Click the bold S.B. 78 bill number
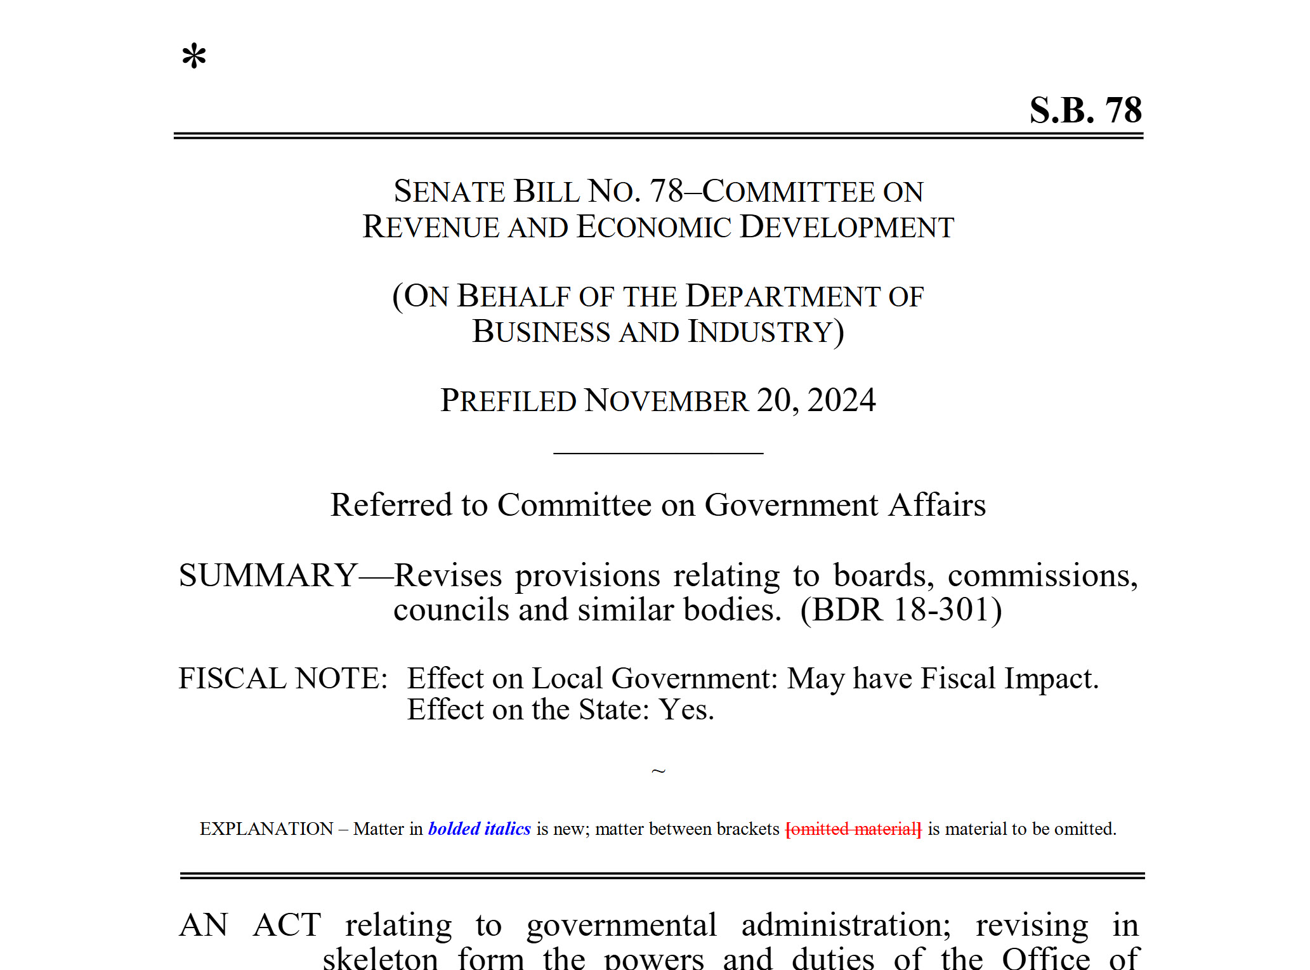1085,110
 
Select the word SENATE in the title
449,192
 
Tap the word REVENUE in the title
431,227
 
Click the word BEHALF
514,296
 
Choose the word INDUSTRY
760,332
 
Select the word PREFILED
508,401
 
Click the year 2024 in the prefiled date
841,400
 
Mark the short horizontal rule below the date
658,453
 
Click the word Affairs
936,505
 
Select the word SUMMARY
268,575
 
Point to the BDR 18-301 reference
901,610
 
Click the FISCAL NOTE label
283,678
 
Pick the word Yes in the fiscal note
686,710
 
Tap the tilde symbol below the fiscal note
658,771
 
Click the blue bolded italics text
479,829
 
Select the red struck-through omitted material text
853,829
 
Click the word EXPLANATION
266,829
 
